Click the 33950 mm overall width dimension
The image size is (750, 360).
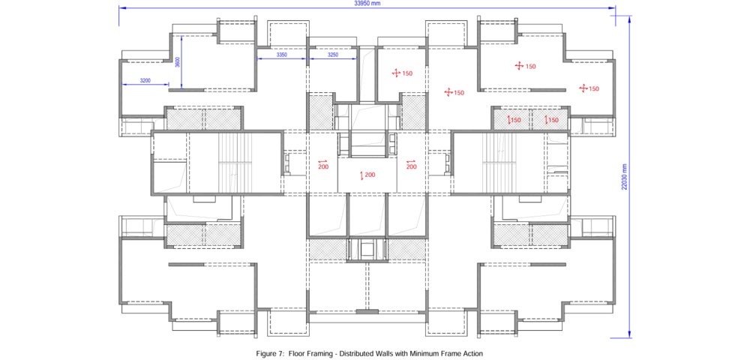pos(367,3)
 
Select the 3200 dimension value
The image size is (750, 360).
pos(145,81)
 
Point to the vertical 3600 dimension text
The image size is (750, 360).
pos(177,62)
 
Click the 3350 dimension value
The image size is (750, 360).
pos(282,55)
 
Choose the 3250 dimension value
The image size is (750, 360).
pos(333,55)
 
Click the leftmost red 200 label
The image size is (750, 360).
pos(322,166)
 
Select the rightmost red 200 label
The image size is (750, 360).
pos(411,166)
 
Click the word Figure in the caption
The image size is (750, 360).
pos(266,353)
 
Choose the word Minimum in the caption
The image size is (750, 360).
pos(418,353)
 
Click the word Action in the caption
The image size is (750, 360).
pos(474,353)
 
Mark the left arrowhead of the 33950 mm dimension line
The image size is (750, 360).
pos(122,7)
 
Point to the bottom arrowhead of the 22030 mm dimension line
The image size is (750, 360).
pos(629,334)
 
